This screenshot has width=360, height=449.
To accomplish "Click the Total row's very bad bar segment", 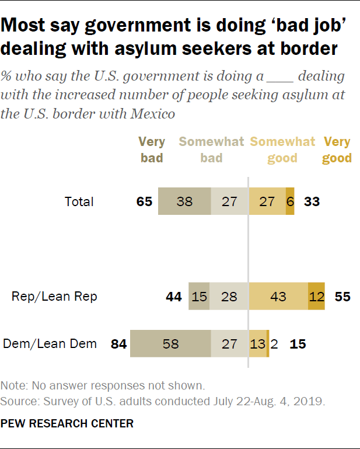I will (184, 202).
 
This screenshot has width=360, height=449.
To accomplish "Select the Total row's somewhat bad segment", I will (229, 202).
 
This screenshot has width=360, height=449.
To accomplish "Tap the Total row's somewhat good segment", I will (267, 202).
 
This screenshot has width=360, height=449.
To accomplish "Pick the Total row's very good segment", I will (290, 202).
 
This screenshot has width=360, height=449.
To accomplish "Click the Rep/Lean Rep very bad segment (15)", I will (199, 297).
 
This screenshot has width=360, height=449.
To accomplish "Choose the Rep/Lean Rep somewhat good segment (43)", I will (278, 297).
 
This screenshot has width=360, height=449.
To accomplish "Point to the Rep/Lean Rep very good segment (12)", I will (316, 297).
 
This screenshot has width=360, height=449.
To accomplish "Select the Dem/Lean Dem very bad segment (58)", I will (170, 343).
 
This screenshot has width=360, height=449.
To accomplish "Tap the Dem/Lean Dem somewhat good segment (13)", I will (257, 343).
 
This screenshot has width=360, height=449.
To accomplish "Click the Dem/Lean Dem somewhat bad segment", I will (229, 343).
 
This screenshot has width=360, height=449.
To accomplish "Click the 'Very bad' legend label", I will (152, 150).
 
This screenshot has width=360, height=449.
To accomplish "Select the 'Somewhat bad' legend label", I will (211, 150).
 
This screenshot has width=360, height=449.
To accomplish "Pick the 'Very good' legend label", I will (337, 150).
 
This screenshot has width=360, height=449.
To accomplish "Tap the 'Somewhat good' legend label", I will (282, 150).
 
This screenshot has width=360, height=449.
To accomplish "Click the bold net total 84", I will (118, 344).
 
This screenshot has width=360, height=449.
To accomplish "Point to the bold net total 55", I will (342, 297).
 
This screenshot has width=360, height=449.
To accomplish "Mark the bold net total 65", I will (144, 202).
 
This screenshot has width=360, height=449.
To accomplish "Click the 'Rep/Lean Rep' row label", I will (54, 297).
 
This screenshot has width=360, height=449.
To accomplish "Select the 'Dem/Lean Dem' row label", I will (50, 344).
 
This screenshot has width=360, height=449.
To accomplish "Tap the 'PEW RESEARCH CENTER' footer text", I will (67, 423).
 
